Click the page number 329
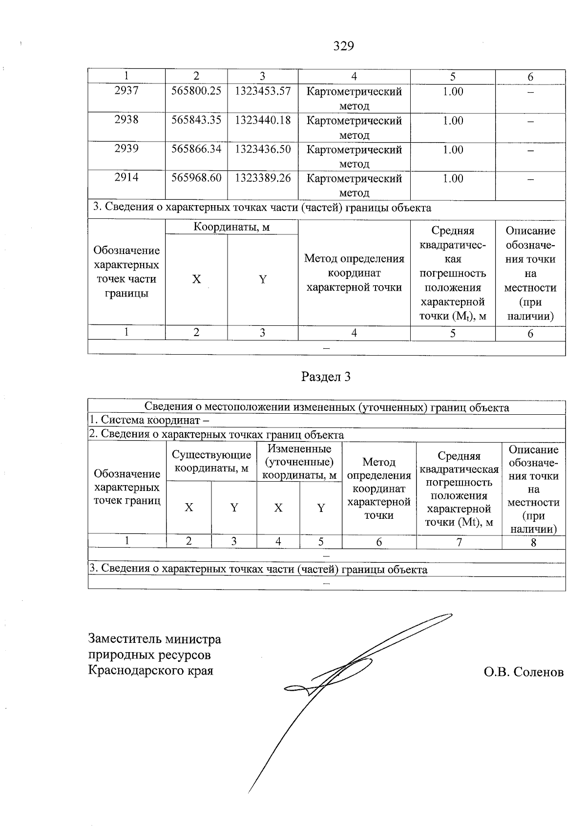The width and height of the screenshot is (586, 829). (x=343, y=46)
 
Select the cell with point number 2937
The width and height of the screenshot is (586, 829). (x=126, y=91)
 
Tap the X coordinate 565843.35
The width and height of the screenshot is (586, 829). (x=196, y=121)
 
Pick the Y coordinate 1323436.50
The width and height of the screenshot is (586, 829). (x=263, y=149)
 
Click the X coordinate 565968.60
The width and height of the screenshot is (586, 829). (x=196, y=178)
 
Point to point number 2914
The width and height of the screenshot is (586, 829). (x=126, y=178)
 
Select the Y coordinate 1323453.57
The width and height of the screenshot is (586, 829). (x=263, y=91)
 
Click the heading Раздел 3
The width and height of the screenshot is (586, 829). (x=326, y=377)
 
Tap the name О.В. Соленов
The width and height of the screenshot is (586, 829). (x=523, y=672)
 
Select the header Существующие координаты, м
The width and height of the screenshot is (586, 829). (x=211, y=461)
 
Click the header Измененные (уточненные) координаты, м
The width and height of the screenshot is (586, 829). (x=299, y=462)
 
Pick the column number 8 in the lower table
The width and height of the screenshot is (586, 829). (x=533, y=542)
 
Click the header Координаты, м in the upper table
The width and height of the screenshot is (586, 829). (x=231, y=227)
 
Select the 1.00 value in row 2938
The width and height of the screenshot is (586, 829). (x=453, y=121)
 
